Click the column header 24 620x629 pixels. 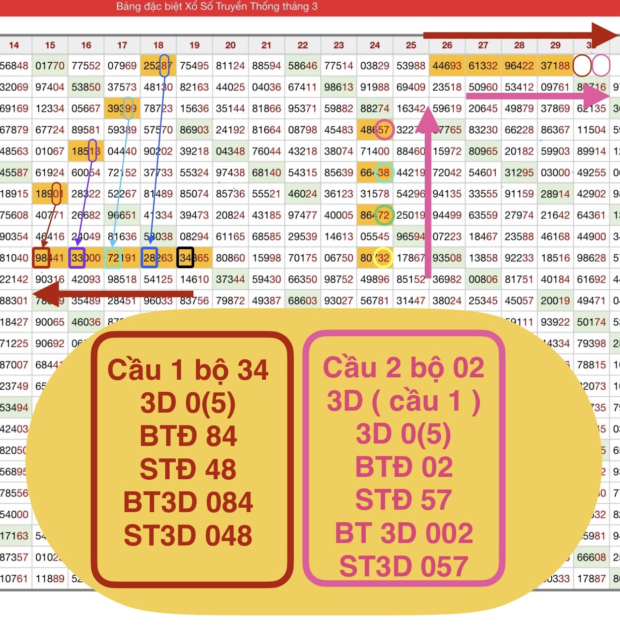tap(375, 45)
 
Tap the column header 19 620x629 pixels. tap(194, 45)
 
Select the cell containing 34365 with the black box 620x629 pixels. tap(194, 258)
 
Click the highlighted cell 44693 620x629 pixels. tap(447, 66)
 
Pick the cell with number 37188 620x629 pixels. tap(555, 66)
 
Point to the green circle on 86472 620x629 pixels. tap(384, 215)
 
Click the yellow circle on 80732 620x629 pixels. tap(383, 258)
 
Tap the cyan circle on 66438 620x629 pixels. tap(384, 172)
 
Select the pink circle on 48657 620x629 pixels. tap(384, 129)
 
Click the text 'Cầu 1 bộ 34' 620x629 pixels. tap(187, 370)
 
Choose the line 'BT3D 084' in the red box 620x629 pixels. tap(188, 502)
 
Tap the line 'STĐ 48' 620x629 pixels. tap(188, 470)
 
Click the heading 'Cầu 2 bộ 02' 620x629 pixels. tap(404, 368)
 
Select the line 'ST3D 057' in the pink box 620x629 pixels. tap(404, 566)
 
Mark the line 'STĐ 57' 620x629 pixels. tap(404, 500)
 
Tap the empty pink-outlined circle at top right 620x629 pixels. tap(601, 66)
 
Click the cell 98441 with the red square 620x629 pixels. tap(50, 258)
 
